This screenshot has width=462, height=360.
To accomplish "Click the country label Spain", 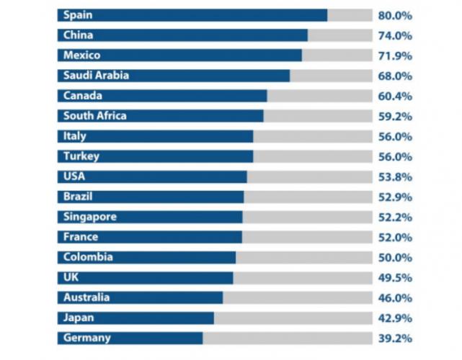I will pos(78,15).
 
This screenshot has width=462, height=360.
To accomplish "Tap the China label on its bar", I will pos(78,35).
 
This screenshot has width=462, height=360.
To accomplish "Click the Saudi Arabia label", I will pos(97,76).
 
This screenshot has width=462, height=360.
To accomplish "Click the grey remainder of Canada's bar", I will pos(319,96).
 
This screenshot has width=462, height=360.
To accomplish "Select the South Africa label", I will pos(95,116).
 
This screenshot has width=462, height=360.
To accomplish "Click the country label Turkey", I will pos(81,156).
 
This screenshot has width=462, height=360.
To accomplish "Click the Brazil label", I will pos(79,197).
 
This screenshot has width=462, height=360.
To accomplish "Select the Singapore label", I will pos(90,217).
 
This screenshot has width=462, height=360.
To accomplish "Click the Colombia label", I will pos(88,257).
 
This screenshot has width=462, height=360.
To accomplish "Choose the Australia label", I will pos(87,297).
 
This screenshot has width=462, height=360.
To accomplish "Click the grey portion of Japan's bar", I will pos(293,318).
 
